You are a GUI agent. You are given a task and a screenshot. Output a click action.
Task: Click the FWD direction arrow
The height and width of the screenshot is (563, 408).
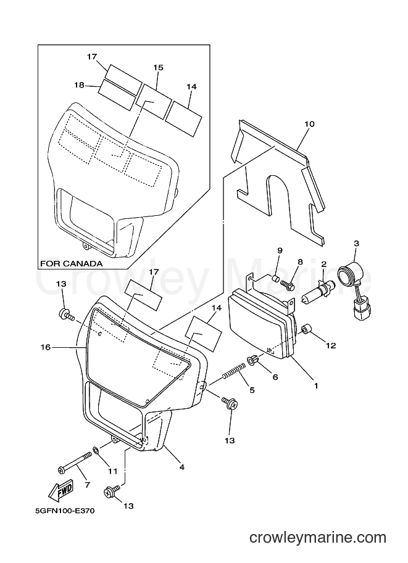click(61, 490)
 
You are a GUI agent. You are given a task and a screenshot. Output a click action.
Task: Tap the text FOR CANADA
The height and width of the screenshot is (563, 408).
click(71, 263)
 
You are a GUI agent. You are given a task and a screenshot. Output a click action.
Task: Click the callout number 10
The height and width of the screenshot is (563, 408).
click(309, 124)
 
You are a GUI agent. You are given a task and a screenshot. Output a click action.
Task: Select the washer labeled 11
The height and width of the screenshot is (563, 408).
click(96, 450)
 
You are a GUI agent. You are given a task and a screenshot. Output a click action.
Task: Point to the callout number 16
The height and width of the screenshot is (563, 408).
click(46, 347)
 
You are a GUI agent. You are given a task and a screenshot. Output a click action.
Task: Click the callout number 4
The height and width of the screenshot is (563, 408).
click(182, 467)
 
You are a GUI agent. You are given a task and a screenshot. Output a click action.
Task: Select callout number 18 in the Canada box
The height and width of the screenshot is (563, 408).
click(79, 85)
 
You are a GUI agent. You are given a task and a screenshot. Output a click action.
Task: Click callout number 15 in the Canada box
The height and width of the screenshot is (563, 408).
click(158, 67)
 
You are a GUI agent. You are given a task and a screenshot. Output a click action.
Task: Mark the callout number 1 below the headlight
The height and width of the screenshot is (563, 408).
click(315, 386)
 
